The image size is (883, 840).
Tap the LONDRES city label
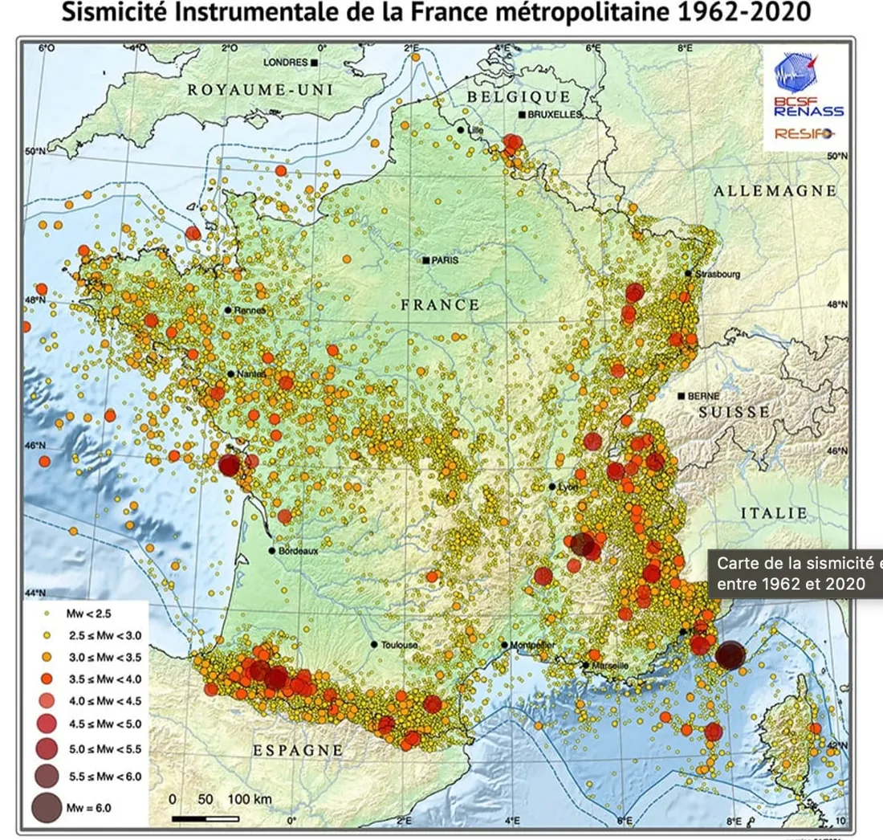[286, 63]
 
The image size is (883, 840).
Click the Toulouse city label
[400, 645]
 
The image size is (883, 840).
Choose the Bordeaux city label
[299, 551]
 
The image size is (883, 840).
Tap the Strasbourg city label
[717, 274]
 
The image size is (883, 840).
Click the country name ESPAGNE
[299, 750]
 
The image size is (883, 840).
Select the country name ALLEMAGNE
[775, 191]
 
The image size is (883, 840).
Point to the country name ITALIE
[773, 512]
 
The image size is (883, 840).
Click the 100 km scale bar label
[250, 800]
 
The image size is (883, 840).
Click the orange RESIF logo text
[804, 134]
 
